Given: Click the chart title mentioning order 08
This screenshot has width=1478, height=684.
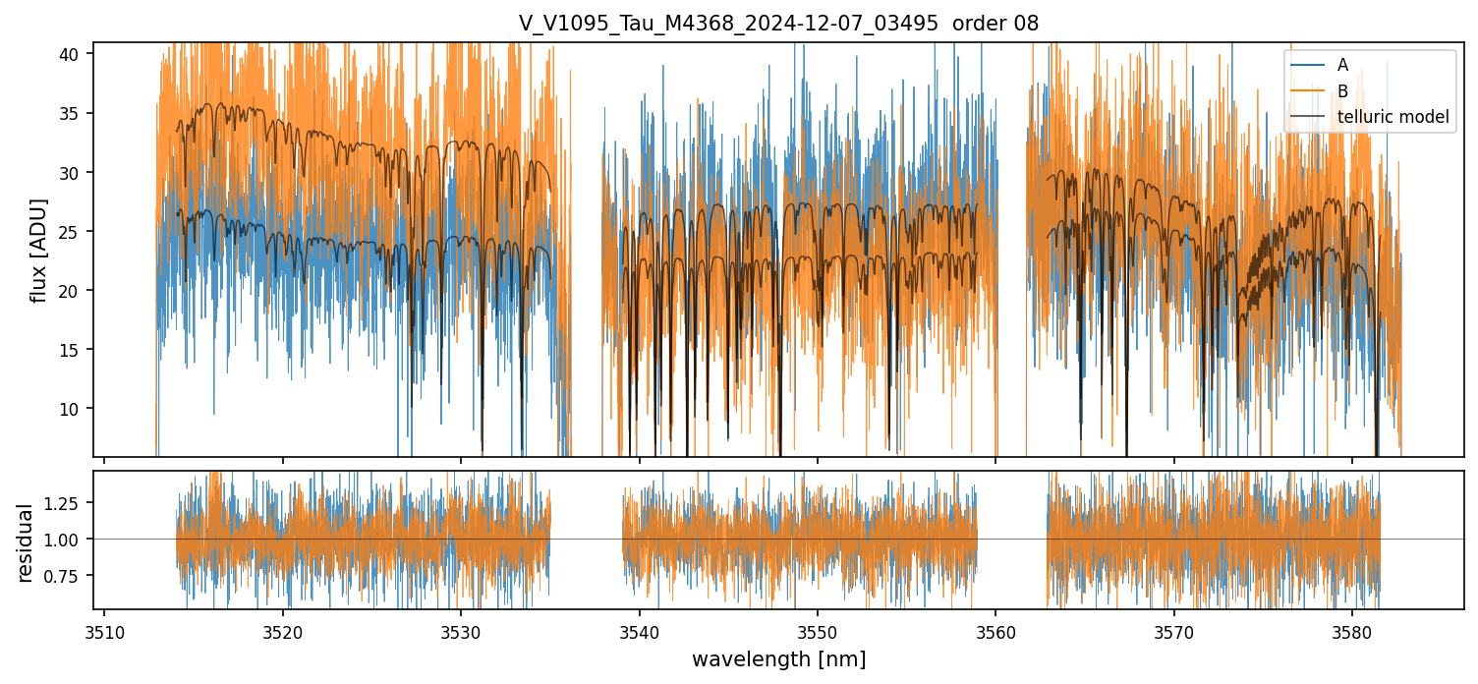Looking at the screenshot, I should pos(778,24).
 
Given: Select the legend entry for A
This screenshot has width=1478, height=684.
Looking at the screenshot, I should pos(1342,66).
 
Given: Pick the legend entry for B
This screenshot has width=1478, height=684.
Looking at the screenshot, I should pos(1342,91).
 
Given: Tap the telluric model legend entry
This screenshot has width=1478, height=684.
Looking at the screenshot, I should pos(1393,117).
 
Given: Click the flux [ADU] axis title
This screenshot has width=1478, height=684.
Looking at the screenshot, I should pos(39,250).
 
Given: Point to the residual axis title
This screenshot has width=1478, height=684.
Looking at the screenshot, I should pos(26,542).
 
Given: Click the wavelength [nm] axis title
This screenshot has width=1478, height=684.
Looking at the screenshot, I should pos(778,659).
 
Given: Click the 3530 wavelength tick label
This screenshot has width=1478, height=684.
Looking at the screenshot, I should pos(461,631).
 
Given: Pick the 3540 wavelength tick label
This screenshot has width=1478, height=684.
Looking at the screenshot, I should pos(639,631).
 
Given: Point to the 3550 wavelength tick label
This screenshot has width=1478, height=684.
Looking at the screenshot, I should pos(817,631).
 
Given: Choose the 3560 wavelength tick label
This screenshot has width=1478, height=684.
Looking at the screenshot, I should pos(995,631).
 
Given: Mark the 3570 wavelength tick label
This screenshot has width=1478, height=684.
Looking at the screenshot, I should pos(1173,631).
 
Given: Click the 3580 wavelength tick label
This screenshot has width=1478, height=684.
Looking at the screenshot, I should pos(1351,631).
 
